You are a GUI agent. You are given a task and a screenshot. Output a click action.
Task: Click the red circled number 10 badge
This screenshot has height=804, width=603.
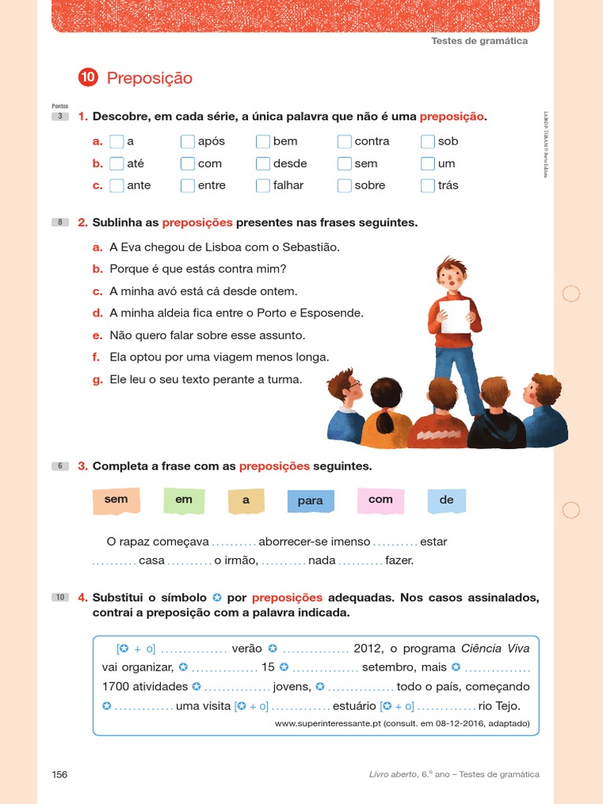pos(87,77)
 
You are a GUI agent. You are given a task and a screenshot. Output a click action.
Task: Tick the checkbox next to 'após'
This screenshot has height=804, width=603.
pos(187,141)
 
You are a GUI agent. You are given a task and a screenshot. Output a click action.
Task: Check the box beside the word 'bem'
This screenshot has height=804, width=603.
pos(263,141)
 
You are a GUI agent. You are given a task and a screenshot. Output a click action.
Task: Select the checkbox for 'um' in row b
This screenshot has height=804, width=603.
pos(427,163)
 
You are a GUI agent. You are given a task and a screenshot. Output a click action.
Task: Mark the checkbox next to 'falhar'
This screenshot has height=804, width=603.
pos(263,185)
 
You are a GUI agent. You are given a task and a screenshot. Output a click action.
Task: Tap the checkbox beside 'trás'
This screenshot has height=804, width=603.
pos(427,185)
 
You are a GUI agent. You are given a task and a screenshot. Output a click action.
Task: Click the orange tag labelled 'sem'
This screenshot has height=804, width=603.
pos(116,500)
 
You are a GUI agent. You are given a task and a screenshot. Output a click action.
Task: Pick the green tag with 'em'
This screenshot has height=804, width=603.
pos(184,500)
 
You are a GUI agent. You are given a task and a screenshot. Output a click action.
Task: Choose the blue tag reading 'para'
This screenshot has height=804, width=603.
pos(246,500)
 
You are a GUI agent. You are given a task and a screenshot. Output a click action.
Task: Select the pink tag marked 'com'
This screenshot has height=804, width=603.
pos(310,501)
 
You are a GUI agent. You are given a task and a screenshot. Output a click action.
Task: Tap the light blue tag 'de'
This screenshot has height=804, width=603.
pos(380,500)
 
